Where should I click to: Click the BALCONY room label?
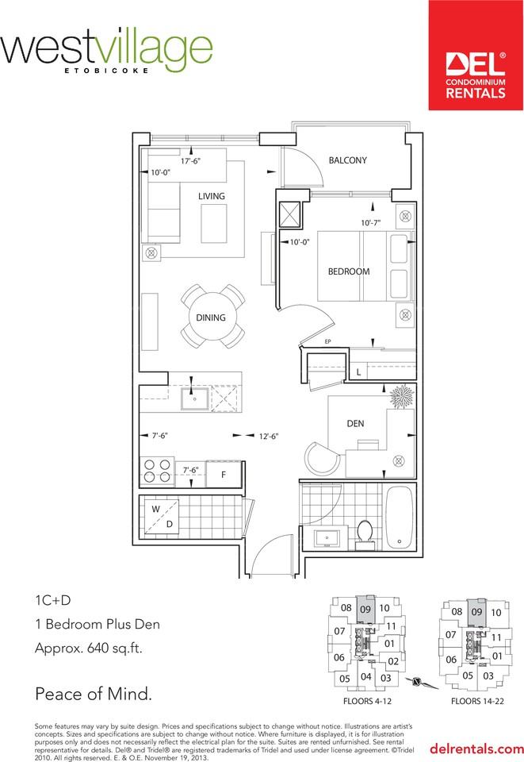coord(347,160)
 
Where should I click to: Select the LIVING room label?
coord(212,196)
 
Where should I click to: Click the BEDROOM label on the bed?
coord(349,271)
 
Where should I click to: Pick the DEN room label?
coord(355,424)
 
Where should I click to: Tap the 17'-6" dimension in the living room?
coord(190,160)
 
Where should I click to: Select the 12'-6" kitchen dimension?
coord(268,436)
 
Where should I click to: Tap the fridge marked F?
coord(224,474)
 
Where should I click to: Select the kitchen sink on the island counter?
coord(193,399)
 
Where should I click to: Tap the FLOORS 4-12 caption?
coord(365,702)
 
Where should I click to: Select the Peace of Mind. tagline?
coord(93,695)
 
